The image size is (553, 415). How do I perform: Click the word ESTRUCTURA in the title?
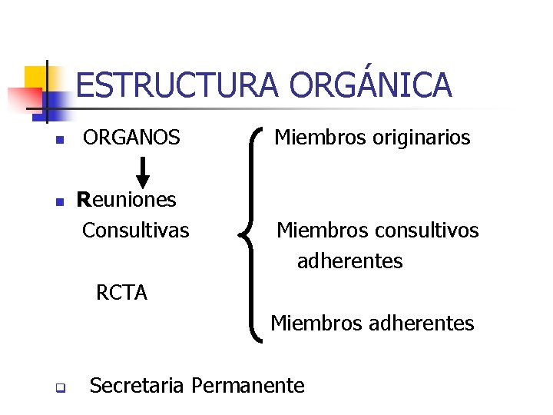click(x=176, y=85)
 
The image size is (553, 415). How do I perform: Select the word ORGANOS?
click(x=132, y=138)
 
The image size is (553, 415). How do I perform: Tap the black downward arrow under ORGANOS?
click(x=143, y=170)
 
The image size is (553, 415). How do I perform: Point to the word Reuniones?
click(x=127, y=201)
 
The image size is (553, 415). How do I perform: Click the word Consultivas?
click(x=135, y=230)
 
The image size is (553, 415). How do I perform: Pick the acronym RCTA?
click(x=121, y=293)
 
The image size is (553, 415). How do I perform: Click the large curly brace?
click(x=254, y=231)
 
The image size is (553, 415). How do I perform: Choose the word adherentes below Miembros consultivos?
click(x=349, y=261)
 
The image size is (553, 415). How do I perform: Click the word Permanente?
click(x=248, y=385)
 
